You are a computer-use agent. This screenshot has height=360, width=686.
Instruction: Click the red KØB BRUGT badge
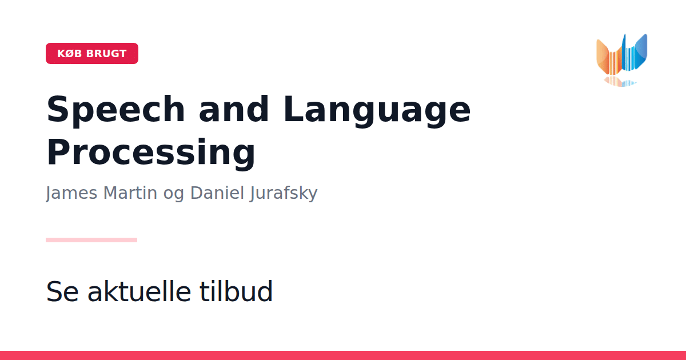92,54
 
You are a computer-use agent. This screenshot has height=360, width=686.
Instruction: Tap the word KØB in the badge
70,54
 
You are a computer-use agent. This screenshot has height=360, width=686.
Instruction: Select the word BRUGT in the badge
106,54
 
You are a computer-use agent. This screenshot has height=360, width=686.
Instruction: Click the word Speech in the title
115,109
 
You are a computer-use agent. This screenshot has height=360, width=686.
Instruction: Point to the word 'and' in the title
234,109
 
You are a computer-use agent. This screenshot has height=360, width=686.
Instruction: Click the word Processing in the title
151,153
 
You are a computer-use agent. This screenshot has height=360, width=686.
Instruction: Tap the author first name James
71,193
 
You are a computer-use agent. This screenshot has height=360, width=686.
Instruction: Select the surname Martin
130,193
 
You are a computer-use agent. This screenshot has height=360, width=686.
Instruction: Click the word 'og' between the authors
174,195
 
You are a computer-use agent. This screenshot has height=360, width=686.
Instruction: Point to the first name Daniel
217,193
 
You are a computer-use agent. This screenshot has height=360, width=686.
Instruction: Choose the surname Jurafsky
284,194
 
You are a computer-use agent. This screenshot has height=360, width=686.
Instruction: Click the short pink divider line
91,240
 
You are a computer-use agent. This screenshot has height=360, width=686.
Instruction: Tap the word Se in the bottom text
62,291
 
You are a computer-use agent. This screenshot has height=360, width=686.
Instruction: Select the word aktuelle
139,291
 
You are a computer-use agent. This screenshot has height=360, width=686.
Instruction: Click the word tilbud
236,291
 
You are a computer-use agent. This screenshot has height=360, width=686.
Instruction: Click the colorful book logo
622,60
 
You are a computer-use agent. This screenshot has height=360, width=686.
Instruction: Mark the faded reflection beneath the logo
620,81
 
